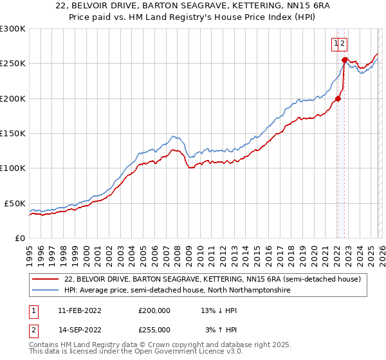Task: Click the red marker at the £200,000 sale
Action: tap(337, 99)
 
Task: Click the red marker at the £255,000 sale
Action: tap(344, 60)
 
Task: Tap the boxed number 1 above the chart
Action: tap(336, 44)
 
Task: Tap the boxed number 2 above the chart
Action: tap(344, 44)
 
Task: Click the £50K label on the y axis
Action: tap(15, 203)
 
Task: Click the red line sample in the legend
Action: tap(46, 280)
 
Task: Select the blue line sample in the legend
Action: tap(46, 291)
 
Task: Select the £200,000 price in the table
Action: tap(154, 310)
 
